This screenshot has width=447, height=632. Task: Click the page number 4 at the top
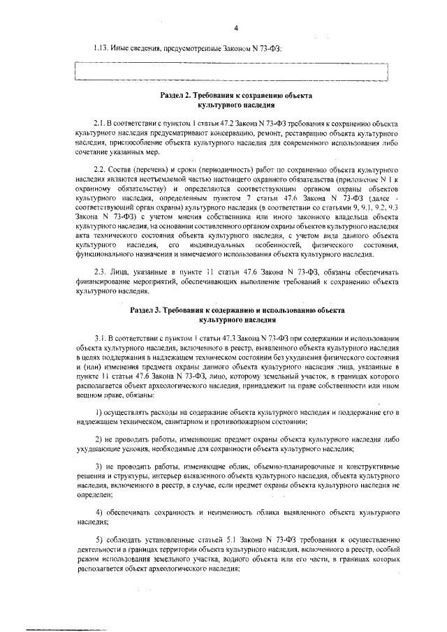click(236, 28)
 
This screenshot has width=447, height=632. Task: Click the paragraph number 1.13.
click(103, 49)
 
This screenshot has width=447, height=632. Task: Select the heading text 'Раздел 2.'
click(179, 94)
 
